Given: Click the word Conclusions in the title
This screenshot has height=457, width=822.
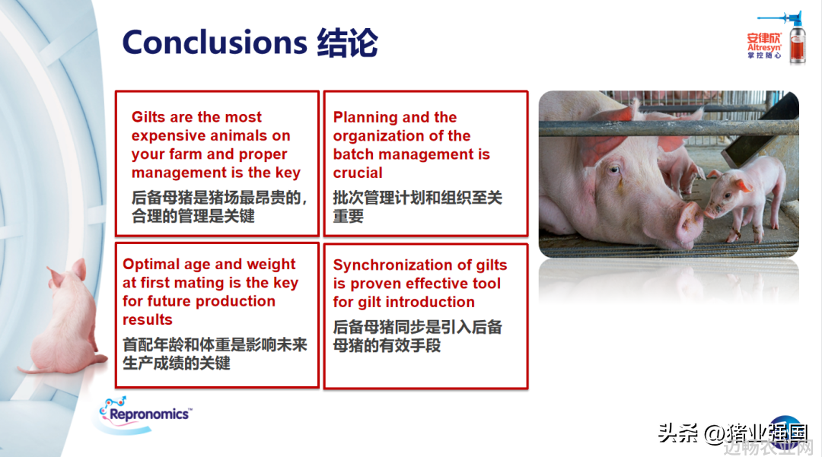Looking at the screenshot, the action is pos(215,43).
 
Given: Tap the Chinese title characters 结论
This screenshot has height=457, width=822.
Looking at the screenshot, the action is pos(347,43).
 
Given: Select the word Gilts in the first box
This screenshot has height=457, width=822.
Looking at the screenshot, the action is pos(148,117).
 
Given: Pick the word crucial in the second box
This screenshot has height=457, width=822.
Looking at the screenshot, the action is pos(358,173).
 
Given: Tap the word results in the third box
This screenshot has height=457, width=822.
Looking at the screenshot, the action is pos(148,319).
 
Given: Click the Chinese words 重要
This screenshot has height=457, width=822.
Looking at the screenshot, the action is pos(348,216).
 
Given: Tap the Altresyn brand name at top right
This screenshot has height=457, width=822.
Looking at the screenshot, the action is pos(764,47).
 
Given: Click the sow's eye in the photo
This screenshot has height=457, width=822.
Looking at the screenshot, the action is pos(614,169).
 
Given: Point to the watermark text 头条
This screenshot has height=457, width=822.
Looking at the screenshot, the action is pos(677,433).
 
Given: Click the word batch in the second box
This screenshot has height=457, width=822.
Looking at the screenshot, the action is pos(353,154).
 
